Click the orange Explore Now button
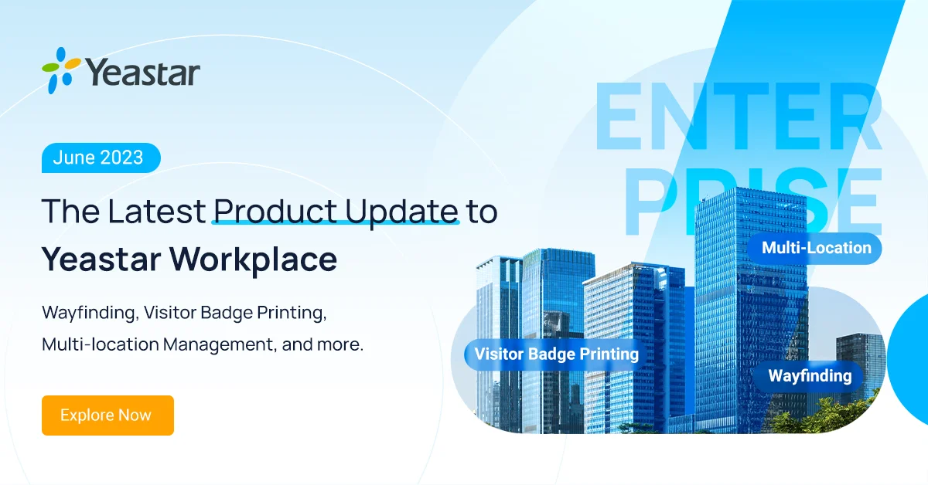(x=107, y=415)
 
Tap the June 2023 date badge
(x=101, y=158)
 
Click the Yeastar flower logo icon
(x=61, y=70)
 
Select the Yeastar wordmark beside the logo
(x=143, y=73)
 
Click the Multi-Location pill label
(x=816, y=248)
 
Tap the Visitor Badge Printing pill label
(x=556, y=354)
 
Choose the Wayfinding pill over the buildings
(x=810, y=376)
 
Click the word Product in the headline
(x=275, y=212)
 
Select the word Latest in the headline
(x=156, y=212)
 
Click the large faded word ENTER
(x=739, y=117)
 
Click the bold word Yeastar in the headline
(x=101, y=259)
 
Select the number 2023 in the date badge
(x=122, y=158)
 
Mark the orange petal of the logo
(x=73, y=63)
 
